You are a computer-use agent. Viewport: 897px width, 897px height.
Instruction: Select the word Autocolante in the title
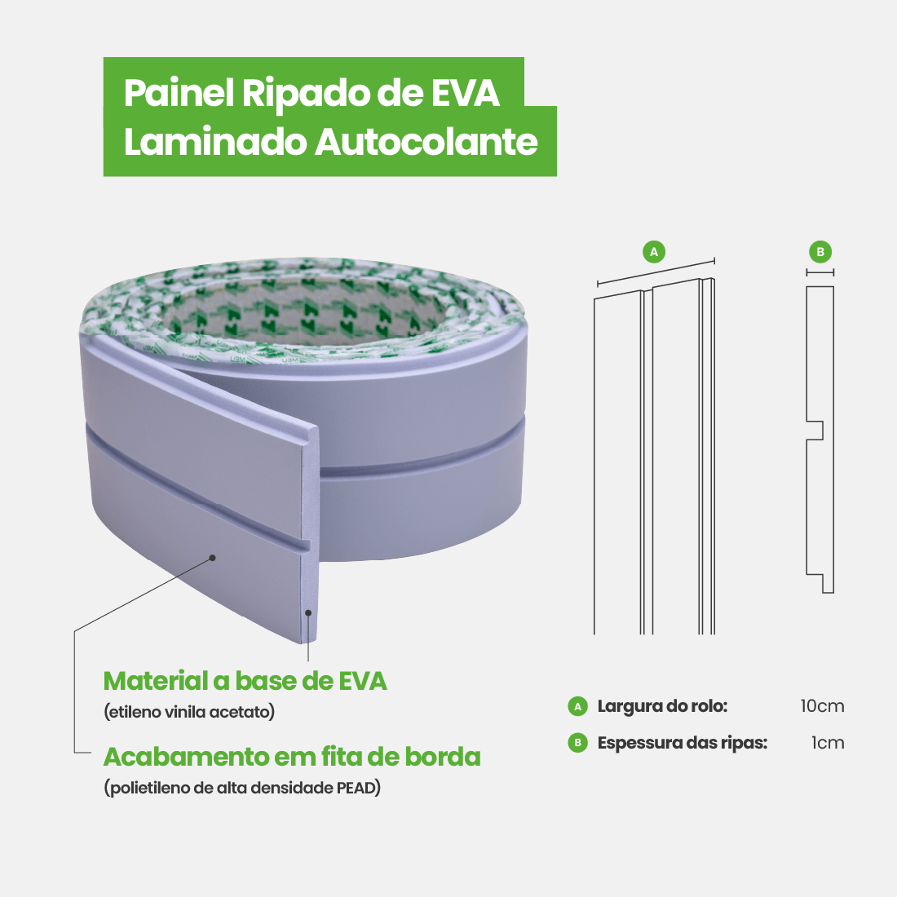click(x=426, y=142)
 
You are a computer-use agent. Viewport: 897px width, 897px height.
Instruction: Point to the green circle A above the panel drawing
click(x=654, y=252)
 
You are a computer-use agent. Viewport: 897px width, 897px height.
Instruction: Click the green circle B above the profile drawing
click(x=820, y=252)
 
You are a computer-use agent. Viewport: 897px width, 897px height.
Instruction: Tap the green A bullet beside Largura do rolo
click(x=578, y=706)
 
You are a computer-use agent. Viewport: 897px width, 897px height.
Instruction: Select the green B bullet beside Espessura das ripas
click(x=578, y=743)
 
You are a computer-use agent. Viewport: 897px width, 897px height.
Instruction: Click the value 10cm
click(x=822, y=706)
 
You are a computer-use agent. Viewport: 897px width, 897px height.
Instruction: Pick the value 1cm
click(x=828, y=743)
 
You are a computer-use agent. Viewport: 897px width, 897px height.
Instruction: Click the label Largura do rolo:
click(x=662, y=706)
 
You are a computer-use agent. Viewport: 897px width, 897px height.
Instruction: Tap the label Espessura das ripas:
click(x=682, y=743)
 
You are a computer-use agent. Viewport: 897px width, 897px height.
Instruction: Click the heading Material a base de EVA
click(x=245, y=681)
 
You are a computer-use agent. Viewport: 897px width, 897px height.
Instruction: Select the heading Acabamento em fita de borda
click(x=292, y=757)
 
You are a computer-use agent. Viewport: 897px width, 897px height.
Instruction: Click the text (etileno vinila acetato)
click(x=189, y=712)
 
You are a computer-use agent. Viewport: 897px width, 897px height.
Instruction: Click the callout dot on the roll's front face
click(x=212, y=558)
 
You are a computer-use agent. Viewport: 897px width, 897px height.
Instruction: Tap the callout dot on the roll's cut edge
click(x=308, y=612)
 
